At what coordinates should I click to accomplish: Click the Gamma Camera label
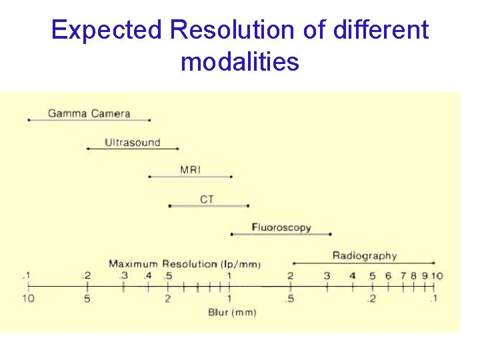click(89, 113)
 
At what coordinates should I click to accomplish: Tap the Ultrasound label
click(132, 142)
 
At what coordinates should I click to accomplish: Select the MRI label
click(190, 170)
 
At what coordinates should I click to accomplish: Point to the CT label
click(207, 199)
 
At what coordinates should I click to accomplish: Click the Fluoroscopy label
click(281, 227)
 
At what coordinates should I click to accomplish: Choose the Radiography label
click(364, 255)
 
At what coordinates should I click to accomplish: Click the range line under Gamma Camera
click(89, 120)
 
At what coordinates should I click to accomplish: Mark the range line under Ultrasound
click(133, 149)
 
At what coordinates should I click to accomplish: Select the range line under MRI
click(190, 177)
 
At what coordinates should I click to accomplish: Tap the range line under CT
click(208, 206)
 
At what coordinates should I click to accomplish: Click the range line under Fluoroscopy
click(281, 234)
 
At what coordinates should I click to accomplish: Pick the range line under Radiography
click(364, 263)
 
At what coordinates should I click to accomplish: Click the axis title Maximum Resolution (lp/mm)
click(185, 264)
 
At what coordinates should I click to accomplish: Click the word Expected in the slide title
click(107, 31)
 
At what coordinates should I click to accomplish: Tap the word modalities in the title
click(240, 63)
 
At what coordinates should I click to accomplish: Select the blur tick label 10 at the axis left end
click(27, 299)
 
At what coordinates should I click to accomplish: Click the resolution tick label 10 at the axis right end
click(437, 276)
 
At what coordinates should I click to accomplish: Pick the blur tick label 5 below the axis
click(87, 299)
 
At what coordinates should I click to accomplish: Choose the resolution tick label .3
click(123, 276)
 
